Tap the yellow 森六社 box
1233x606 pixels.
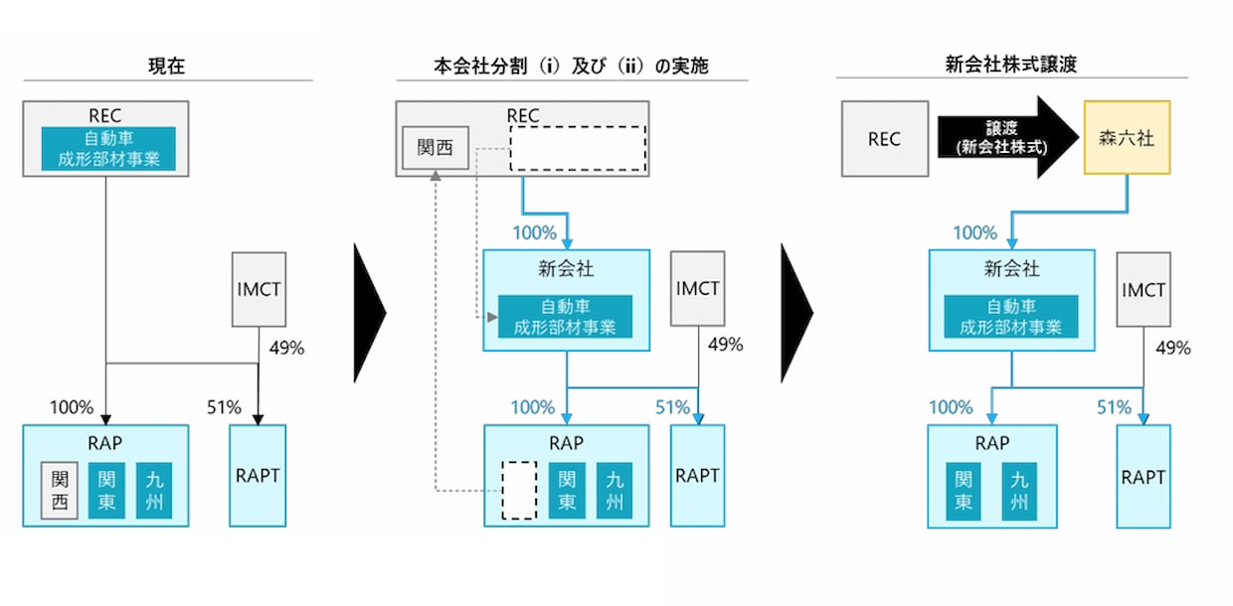click(x=1127, y=139)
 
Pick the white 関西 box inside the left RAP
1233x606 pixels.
click(x=60, y=491)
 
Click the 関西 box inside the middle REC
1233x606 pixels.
click(x=435, y=148)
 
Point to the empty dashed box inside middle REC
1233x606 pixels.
click(x=578, y=149)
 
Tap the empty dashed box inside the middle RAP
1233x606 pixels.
click(x=519, y=491)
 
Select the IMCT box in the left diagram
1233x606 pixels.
click(x=258, y=290)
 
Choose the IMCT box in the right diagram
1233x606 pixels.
click(x=1144, y=289)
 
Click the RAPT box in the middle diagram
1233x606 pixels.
click(x=697, y=476)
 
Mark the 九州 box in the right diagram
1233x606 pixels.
click(x=1019, y=491)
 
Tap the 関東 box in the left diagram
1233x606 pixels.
click(x=106, y=491)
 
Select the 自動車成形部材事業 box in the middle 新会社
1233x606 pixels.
click(x=565, y=317)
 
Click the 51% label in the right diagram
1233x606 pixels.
click(x=1114, y=407)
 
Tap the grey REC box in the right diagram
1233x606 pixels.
click(x=884, y=139)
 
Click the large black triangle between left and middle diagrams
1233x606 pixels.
click(x=369, y=312)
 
